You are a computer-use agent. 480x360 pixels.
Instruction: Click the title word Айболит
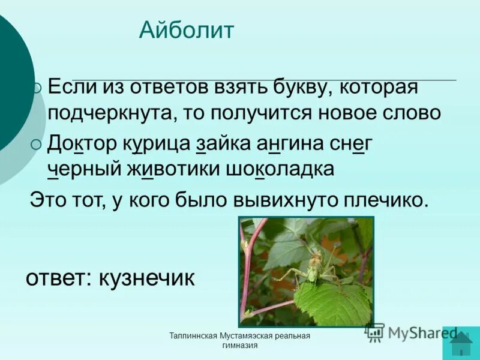[187, 30]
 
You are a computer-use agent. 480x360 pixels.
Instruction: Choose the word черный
[83, 169]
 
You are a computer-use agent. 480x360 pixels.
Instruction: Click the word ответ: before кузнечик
[58, 278]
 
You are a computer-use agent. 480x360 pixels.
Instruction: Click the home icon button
[461, 343]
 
